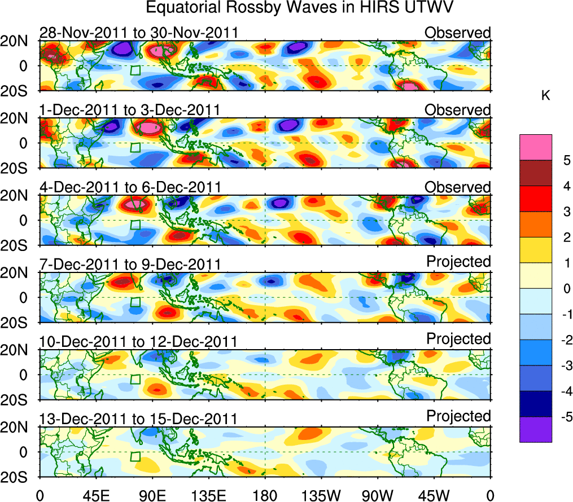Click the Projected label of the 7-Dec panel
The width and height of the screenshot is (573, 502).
point(458,262)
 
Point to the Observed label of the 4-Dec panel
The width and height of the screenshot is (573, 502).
point(458,187)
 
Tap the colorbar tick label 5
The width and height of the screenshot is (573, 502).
point(566,160)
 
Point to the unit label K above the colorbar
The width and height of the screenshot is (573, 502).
point(545,96)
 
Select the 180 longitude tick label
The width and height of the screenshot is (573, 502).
point(265,495)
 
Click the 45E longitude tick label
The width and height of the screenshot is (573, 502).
point(95,495)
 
